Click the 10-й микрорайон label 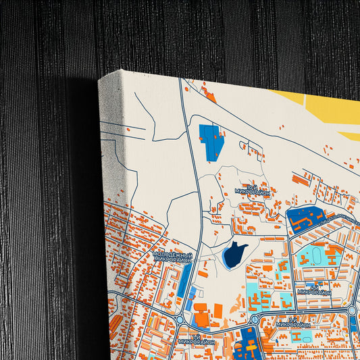click(x=251, y=189)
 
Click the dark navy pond click(x=234, y=255)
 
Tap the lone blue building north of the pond click(x=211, y=141)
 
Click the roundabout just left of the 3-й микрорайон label click(x=255, y=319)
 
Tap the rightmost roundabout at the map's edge click(x=353, y=310)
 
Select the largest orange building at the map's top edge click(x=209, y=96)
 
